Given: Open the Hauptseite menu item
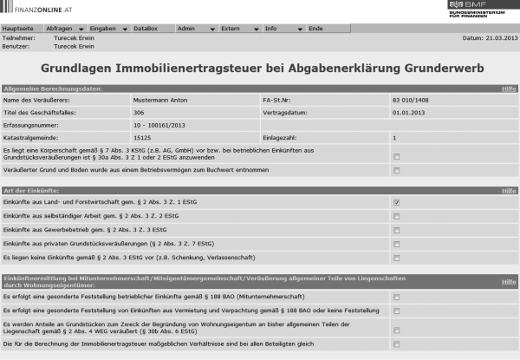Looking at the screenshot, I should (20, 29).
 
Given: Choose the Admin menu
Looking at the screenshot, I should (186, 29).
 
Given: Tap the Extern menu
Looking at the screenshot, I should (231, 29).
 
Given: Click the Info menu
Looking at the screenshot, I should (272, 29).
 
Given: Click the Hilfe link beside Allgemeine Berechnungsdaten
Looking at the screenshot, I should (509, 88).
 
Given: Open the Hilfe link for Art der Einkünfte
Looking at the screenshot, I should (509, 190).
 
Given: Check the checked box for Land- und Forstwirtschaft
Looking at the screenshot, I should (396, 202).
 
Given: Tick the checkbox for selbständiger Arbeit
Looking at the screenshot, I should (396, 216).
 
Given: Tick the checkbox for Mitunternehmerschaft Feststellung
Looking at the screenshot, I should (396, 297).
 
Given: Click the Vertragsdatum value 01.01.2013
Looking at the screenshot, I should (406, 112).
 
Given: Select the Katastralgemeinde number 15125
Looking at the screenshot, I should (142, 137).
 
